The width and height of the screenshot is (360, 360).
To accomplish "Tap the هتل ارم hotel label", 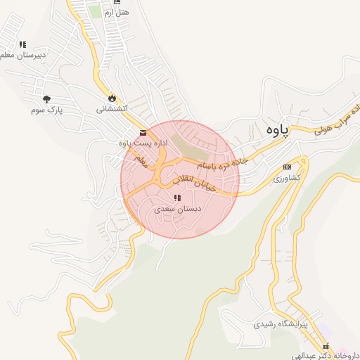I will click(x=117, y=13).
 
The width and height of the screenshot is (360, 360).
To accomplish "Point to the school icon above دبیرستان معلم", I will click(x=22, y=44).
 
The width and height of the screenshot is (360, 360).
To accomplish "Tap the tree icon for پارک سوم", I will click(x=47, y=99).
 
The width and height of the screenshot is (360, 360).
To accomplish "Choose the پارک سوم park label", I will click(x=47, y=110).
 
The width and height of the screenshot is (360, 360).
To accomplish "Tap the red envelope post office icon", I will click(x=143, y=132).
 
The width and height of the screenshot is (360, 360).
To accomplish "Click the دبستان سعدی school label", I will click(x=178, y=209).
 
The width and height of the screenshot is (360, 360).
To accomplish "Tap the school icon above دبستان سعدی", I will click(x=176, y=198).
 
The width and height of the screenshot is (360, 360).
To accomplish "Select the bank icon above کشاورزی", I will click(x=287, y=167).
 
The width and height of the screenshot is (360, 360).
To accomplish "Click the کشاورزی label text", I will click(x=287, y=178).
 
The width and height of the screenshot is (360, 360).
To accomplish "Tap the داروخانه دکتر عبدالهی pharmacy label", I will click(x=328, y=356).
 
